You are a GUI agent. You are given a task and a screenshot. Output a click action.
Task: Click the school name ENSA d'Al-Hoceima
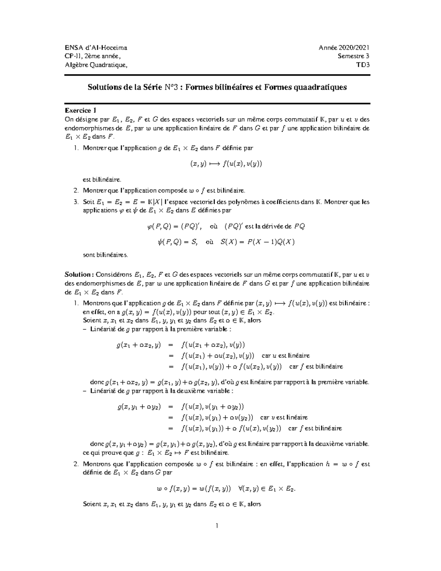click(x=96, y=47)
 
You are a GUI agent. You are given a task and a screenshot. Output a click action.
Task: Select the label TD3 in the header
click(x=363, y=65)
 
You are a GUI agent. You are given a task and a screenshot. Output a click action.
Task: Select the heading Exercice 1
click(x=81, y=110)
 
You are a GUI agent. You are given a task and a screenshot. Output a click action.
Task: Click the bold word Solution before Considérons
click(x=78, y=274)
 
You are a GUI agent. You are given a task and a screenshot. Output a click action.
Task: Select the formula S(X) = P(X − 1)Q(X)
click(x=258, y=242)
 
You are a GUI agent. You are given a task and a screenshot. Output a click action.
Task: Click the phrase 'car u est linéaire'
click(x=286, y=356)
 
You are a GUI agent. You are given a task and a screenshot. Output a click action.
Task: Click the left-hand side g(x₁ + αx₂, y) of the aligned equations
click(x=139, y=345)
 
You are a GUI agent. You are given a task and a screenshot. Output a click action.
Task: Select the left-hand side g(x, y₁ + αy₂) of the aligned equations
click(x=139, y=407)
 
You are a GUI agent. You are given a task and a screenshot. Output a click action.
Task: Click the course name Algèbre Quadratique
click(x=97, y=65)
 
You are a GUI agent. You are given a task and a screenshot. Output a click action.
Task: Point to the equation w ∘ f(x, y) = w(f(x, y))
click(x=194, y=489)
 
